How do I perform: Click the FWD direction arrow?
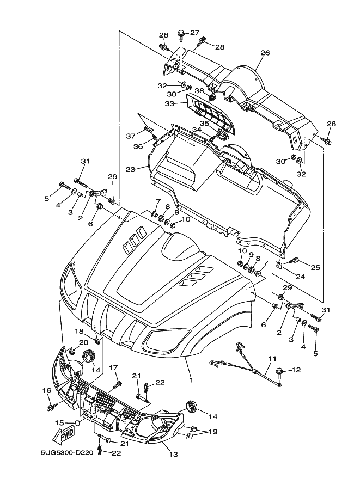(64, 434)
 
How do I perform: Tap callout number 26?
(265, 53)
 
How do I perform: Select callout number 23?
(130, 169)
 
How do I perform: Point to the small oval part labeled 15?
(78, 422)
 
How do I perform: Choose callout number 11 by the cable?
(272, 359)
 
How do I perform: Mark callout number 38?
(199, 91)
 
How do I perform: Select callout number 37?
(130, 136)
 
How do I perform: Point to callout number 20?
(83, 342)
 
